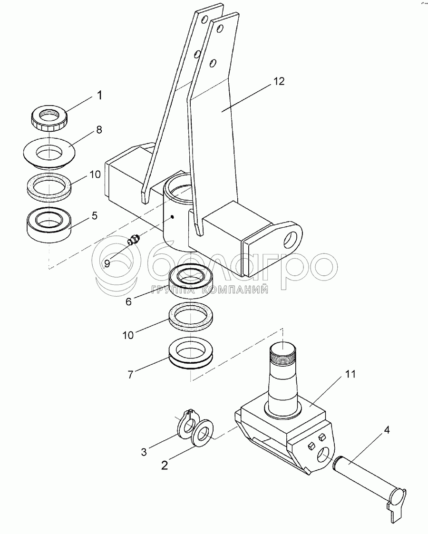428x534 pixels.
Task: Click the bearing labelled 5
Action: coord(48,223)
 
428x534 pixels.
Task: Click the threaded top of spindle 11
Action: coord(283,354)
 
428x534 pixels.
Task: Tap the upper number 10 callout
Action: coord(95,174)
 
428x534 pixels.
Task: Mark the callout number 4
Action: coord(387,430)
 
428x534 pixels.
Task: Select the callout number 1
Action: coord(99,95)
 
